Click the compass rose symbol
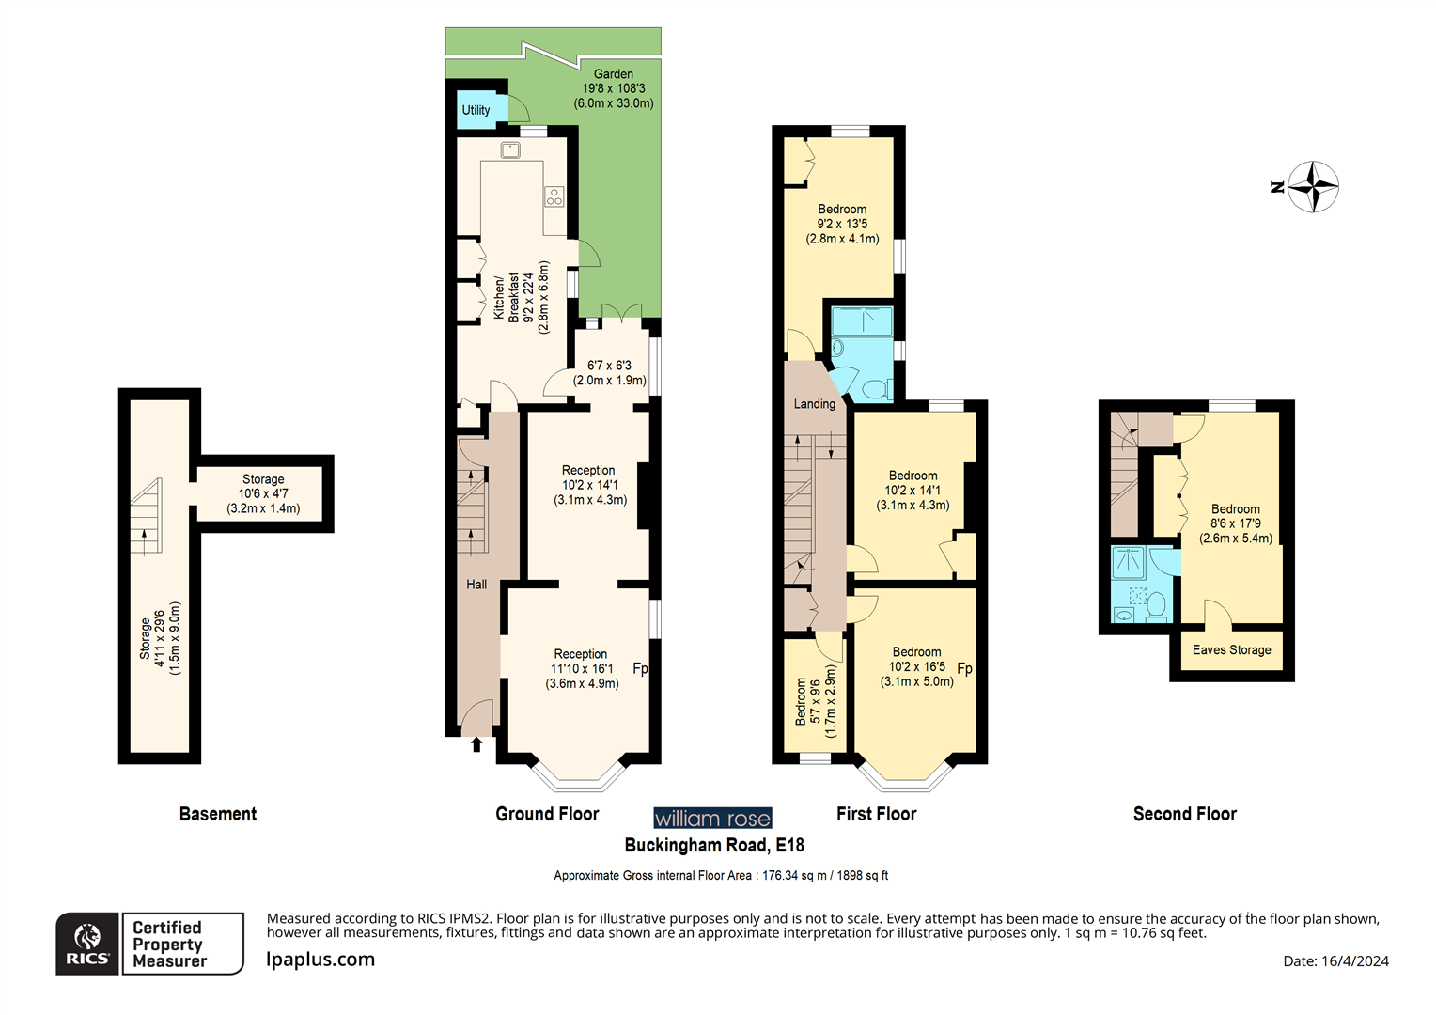click(x=1312, y=186)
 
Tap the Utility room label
click(x=476, y=110)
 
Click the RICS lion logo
click(x=87, y=943)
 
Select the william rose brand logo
click(x=712, y=819)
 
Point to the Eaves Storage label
click(x=1231, y=650)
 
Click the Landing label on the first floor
click(x=814, y=404)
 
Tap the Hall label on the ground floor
click(x=476, y=585)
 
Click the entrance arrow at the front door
click(x=476, y=744)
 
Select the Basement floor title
click(x=218, y=814)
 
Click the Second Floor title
click(x=1184, y=814)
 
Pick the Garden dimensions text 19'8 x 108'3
click(x=614, y=88)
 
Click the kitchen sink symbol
click(x=510, y=150)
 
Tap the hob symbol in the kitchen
click(x=554, y=196)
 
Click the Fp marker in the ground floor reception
click(x=640, y=668)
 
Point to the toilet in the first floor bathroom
click(x=876, y=388)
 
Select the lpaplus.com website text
click(x=320, y=960)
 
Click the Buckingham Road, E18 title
click(x=714, y=845)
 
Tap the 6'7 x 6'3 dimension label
click(x=610, y=366)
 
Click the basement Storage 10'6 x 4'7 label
click(x=263, y=493)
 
